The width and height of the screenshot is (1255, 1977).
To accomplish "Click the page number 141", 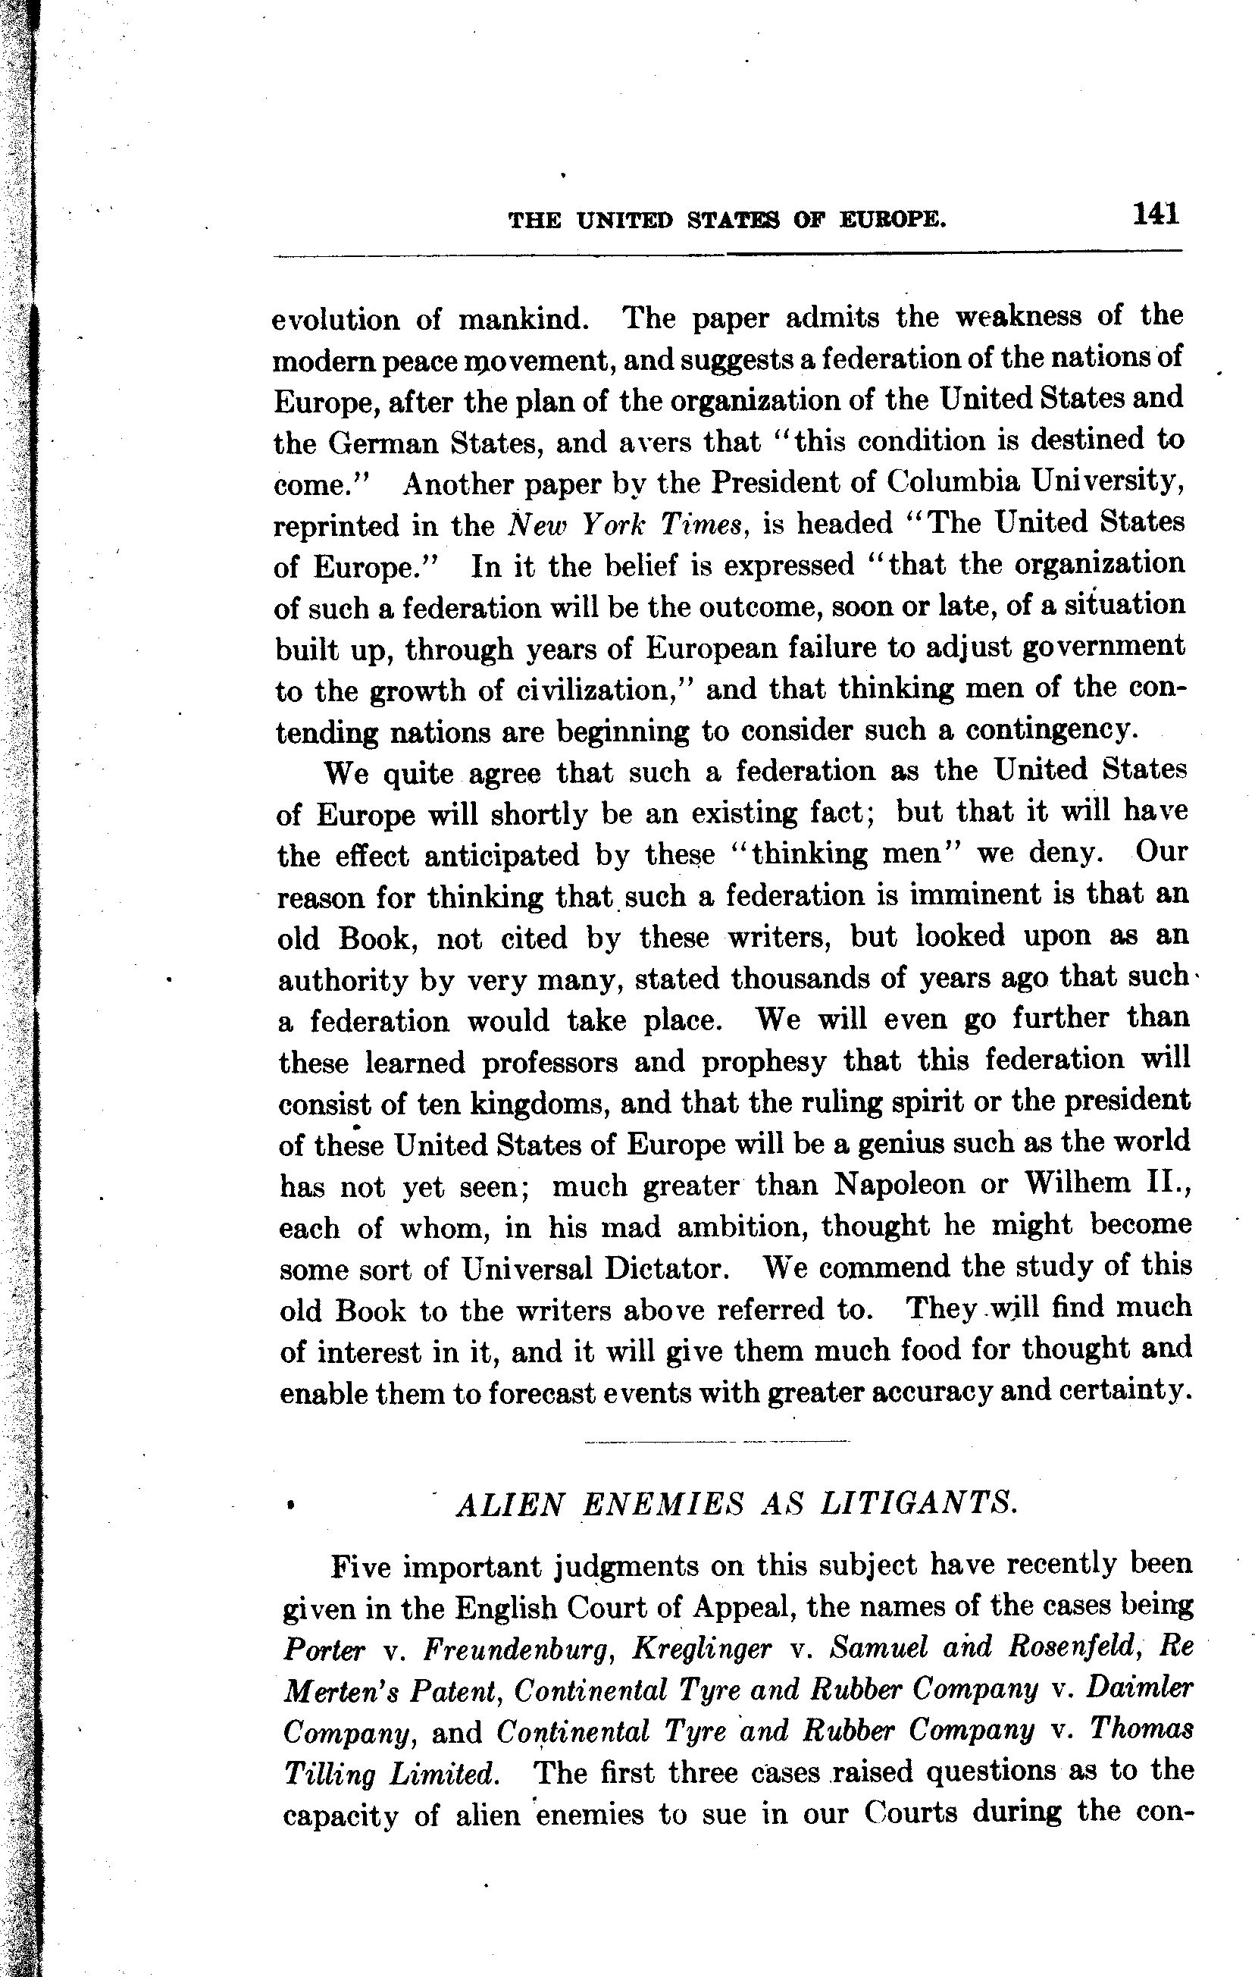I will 1156,215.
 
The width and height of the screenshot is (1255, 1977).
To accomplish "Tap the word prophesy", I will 763,1062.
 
